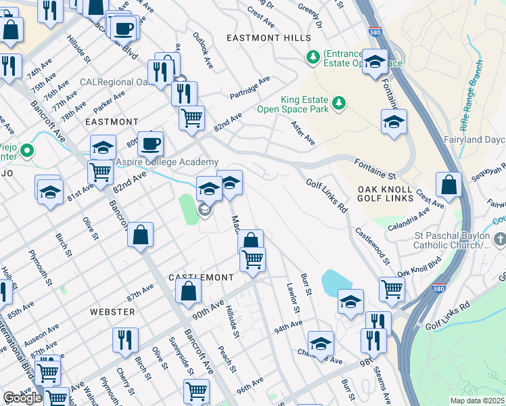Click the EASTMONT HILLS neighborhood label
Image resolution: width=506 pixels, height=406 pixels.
269,38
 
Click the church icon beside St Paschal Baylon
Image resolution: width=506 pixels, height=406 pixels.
499,239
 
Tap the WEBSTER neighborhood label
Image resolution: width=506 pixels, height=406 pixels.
112,311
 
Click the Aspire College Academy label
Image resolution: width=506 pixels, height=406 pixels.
167,162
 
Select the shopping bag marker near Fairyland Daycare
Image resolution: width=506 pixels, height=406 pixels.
448,184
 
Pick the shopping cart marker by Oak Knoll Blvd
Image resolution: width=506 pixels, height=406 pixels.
392,288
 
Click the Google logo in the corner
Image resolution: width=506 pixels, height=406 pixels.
22,398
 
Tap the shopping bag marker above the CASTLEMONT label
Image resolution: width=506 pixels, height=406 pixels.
250,240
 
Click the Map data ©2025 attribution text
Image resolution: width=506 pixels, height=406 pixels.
477,401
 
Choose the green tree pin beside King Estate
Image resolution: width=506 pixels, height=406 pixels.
339,103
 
